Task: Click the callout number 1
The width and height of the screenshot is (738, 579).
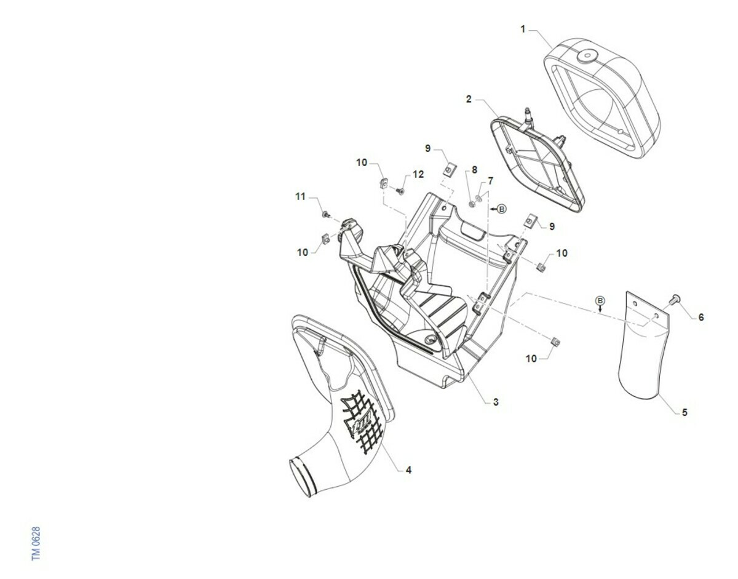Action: click(x=523, y=30)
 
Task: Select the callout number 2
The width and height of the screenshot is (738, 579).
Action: click(x=469, y=99)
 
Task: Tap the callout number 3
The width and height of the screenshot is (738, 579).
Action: click(x=496, y=402)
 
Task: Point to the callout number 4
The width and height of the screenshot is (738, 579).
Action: click(x=408, y=470)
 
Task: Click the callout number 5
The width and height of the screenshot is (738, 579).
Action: click(x=684, y=412)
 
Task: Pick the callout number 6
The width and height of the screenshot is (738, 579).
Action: click(x=701, y=317)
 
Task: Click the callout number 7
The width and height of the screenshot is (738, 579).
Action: click(x=490, y=181)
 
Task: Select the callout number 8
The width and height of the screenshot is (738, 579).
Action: click(x=474, y=170)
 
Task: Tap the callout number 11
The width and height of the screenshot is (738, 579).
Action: click(x=301, y=196)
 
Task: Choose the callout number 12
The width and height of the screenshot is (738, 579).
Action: click(x=418, y=174)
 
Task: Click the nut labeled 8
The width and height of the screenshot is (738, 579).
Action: click(x=471, y=204)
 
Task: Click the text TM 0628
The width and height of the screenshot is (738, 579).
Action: click(x=36, y=544)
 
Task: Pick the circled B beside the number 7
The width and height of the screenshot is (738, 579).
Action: click(x=502, y=209)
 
